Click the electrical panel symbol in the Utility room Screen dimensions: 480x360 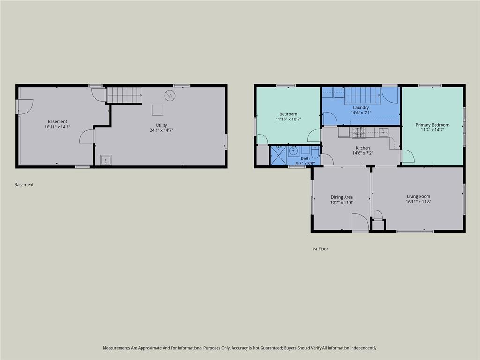click(170, 96)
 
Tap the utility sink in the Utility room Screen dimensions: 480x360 click(105, 160)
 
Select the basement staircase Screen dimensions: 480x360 click(124, 95)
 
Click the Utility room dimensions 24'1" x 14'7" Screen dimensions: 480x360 click(161, 130)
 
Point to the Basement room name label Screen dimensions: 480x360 click(57, 121)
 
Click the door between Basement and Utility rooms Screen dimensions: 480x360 click(87, 136)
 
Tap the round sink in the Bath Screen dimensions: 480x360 click(293, 151)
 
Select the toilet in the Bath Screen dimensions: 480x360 click(315, 152)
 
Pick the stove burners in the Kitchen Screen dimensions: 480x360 click(359, 133)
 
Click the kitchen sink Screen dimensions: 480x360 click(383, 132)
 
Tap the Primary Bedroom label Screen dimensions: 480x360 click(432, 125)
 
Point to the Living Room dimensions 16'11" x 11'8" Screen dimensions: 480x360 click(419, 202)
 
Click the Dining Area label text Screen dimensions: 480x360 click(342, 197)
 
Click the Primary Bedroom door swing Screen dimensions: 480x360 click(408, 156)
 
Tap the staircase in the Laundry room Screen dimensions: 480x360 click(363, 96)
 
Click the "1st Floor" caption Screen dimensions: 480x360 click(320, 249)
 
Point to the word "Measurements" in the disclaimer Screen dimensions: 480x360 click(116, 348)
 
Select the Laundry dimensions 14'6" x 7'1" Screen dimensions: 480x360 click(361, 112)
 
